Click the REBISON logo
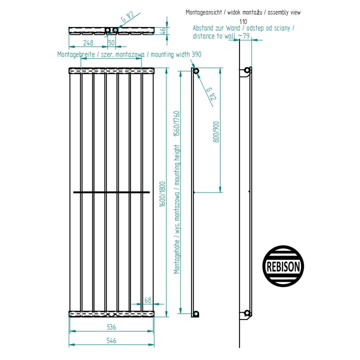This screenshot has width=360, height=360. (283, 266)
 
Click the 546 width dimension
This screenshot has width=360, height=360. (111, 340)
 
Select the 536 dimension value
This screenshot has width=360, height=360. (111, 327)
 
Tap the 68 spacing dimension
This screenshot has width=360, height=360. (148, 300)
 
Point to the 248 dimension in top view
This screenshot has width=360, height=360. (88, 42)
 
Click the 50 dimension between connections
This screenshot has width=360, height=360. (111, 42)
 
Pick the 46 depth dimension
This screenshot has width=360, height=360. (163, 30)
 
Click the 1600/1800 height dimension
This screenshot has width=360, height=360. (162, 194)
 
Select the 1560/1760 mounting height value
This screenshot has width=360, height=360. (176, 124)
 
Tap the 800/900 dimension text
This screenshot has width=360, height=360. (216, 132)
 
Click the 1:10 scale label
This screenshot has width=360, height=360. (243, 22)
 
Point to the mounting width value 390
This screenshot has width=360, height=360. (196, 54)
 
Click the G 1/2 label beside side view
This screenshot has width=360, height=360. (211, 94)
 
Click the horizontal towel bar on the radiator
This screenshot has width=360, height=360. (111, 192)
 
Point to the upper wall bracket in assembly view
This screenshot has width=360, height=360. (245, 72)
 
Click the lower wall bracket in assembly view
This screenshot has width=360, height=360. (245, 315)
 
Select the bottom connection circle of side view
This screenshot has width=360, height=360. (196, 313)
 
